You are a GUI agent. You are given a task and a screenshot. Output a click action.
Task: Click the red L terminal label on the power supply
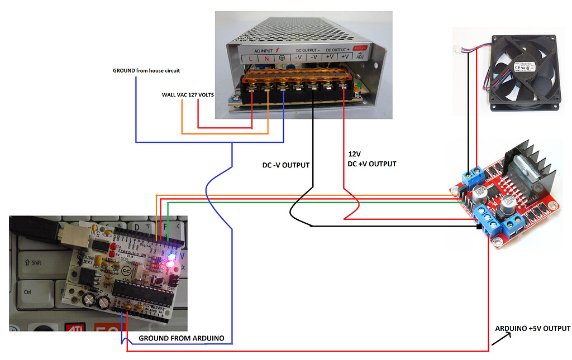pos(251,58)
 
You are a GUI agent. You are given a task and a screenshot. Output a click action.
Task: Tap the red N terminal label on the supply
pos(266,58)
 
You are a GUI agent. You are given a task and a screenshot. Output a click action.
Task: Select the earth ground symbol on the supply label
pos(282,58)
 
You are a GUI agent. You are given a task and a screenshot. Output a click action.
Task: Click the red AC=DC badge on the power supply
pos(361,49)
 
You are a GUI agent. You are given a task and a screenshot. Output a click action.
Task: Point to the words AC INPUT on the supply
pos(263,50)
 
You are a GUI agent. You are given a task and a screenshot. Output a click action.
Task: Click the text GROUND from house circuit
pos(146,71)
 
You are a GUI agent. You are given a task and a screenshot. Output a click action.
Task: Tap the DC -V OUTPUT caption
pos(285,166)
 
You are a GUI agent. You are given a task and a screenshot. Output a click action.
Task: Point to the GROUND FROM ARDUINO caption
pos(181,338)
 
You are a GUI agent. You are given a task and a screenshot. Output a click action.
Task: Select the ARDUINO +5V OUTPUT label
pos(532,328)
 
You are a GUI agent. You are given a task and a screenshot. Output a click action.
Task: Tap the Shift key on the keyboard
pos(33,262)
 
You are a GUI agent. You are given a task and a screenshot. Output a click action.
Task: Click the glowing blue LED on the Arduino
pos(171,257)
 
